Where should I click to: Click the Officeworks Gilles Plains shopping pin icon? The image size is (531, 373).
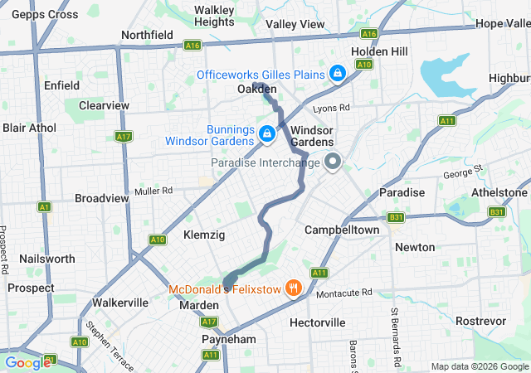click(337, 75)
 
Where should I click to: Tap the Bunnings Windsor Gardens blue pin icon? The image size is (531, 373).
click(267, 133)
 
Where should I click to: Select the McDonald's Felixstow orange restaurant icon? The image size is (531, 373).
click(292, 289)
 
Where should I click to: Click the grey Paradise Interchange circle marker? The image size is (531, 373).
click(333, 162)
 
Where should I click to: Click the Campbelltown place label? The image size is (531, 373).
click(342, 229)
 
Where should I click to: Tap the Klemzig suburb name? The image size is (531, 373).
click(204, 235)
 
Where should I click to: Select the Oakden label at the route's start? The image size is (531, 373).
click(256, 89)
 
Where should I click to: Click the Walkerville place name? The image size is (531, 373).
click(119, 303)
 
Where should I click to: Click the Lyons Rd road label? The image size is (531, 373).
click(332, 109)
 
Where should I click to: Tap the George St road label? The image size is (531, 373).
click(463, 172)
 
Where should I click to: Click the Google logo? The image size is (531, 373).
click(27, 362)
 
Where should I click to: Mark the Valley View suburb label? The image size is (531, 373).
click(296, 24)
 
